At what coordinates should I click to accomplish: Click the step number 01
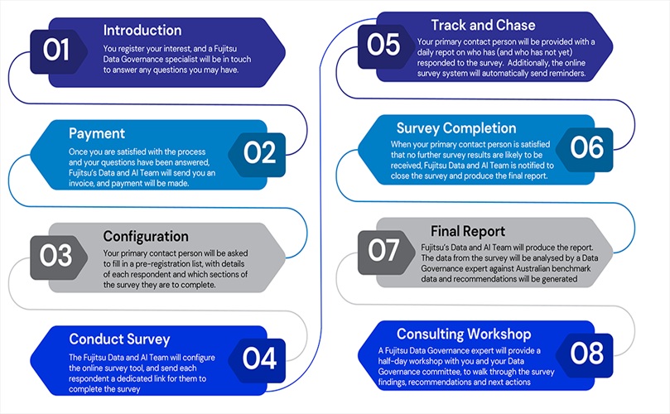(56, 51)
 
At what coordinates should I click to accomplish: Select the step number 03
(55, 256)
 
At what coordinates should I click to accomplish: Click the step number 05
(383, 44)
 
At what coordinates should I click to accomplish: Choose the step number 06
(586, 147)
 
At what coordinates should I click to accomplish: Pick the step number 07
(383, 249)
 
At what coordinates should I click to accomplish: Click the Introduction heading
(142, 31)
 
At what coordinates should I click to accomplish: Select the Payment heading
(97, 132)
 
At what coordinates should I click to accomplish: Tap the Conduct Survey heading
(120, 339)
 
